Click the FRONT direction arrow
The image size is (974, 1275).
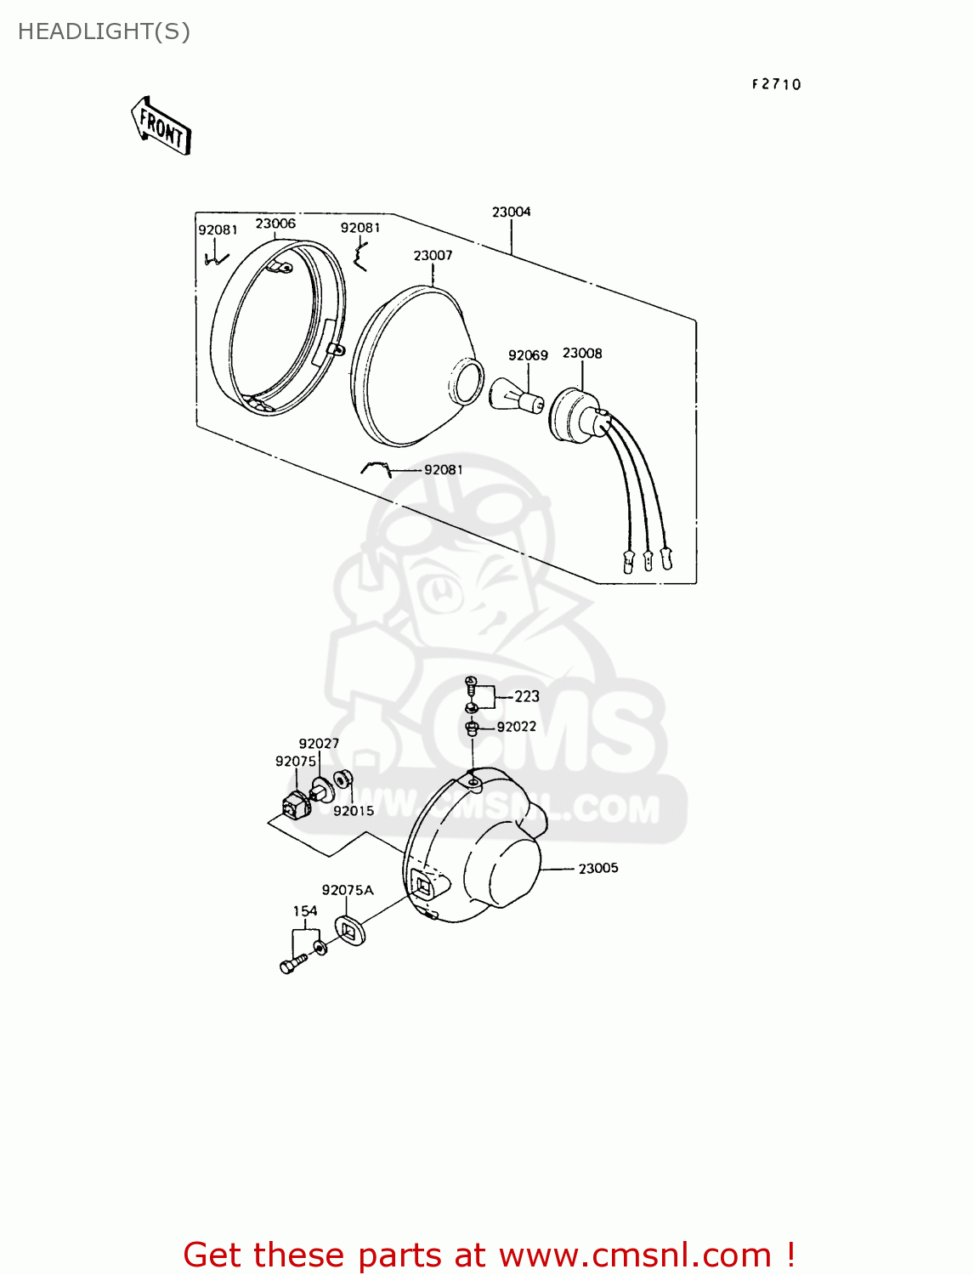point(161,126)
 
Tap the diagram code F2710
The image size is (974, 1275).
point(776,84)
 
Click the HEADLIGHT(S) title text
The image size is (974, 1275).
point(104,31)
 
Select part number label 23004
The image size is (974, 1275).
point(511,212)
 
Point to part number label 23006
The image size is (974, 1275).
point(275,224)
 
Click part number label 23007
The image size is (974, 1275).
point(433,255)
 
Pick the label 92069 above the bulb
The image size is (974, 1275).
point(528,355)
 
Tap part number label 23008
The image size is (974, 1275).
point(582,353)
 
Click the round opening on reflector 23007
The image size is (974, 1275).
point(466,381)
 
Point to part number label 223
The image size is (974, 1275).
point(527,696)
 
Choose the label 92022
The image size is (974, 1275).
point(517,727)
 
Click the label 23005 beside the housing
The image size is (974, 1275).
point(598,868)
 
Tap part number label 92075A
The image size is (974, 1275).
point(348,890)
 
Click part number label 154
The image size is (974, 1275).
point(305,910)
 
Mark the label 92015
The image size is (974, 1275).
point(354,811)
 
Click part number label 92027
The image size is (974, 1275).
point(319,743)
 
